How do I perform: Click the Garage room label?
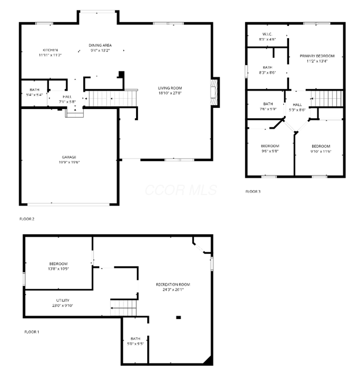69,159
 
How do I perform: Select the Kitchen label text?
50,52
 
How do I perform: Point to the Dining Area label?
100,47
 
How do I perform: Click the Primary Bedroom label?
317,58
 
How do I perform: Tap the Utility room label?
63,303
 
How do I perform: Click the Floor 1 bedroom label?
58,266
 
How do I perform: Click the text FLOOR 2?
27,219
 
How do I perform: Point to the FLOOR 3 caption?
253,191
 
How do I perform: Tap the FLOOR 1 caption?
32,332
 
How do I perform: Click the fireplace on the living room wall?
215,92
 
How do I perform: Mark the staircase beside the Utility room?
123,308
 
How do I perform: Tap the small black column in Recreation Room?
178,317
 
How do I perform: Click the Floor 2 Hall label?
67,99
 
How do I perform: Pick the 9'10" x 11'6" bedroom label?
321,148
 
